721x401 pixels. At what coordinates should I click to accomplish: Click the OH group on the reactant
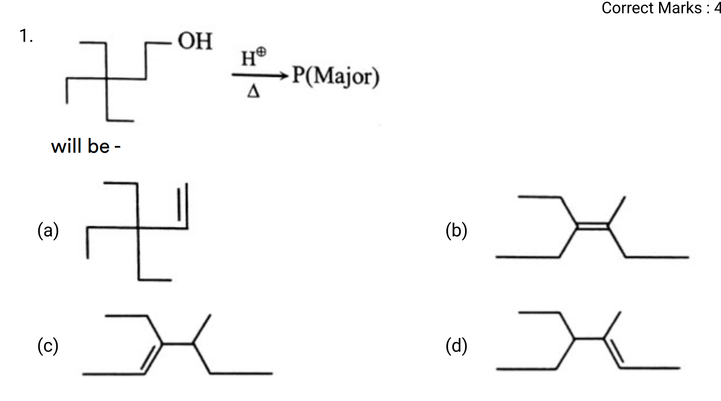(x=195, y=41)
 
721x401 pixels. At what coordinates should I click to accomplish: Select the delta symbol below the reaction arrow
(x=253, y=91)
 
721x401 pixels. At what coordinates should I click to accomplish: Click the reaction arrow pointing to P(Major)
(x=260, y=75)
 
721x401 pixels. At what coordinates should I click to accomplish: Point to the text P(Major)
(x=336, y=76)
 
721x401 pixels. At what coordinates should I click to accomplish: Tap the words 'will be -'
(x=86, y=146)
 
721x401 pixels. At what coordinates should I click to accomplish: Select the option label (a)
(x=48, y=230)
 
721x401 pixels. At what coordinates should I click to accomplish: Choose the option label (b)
(x=456, y=230)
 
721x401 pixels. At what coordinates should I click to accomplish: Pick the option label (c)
(x=48, y=346)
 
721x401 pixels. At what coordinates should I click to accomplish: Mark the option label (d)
(x=456, y=346)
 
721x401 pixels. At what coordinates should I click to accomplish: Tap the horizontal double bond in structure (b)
(x=593, y=225)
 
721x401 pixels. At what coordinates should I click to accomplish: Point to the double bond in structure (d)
(x=612, y=353)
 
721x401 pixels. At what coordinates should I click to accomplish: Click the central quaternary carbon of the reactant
(x=107, y=78)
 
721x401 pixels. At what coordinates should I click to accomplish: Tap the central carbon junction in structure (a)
(x=138, y=228)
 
